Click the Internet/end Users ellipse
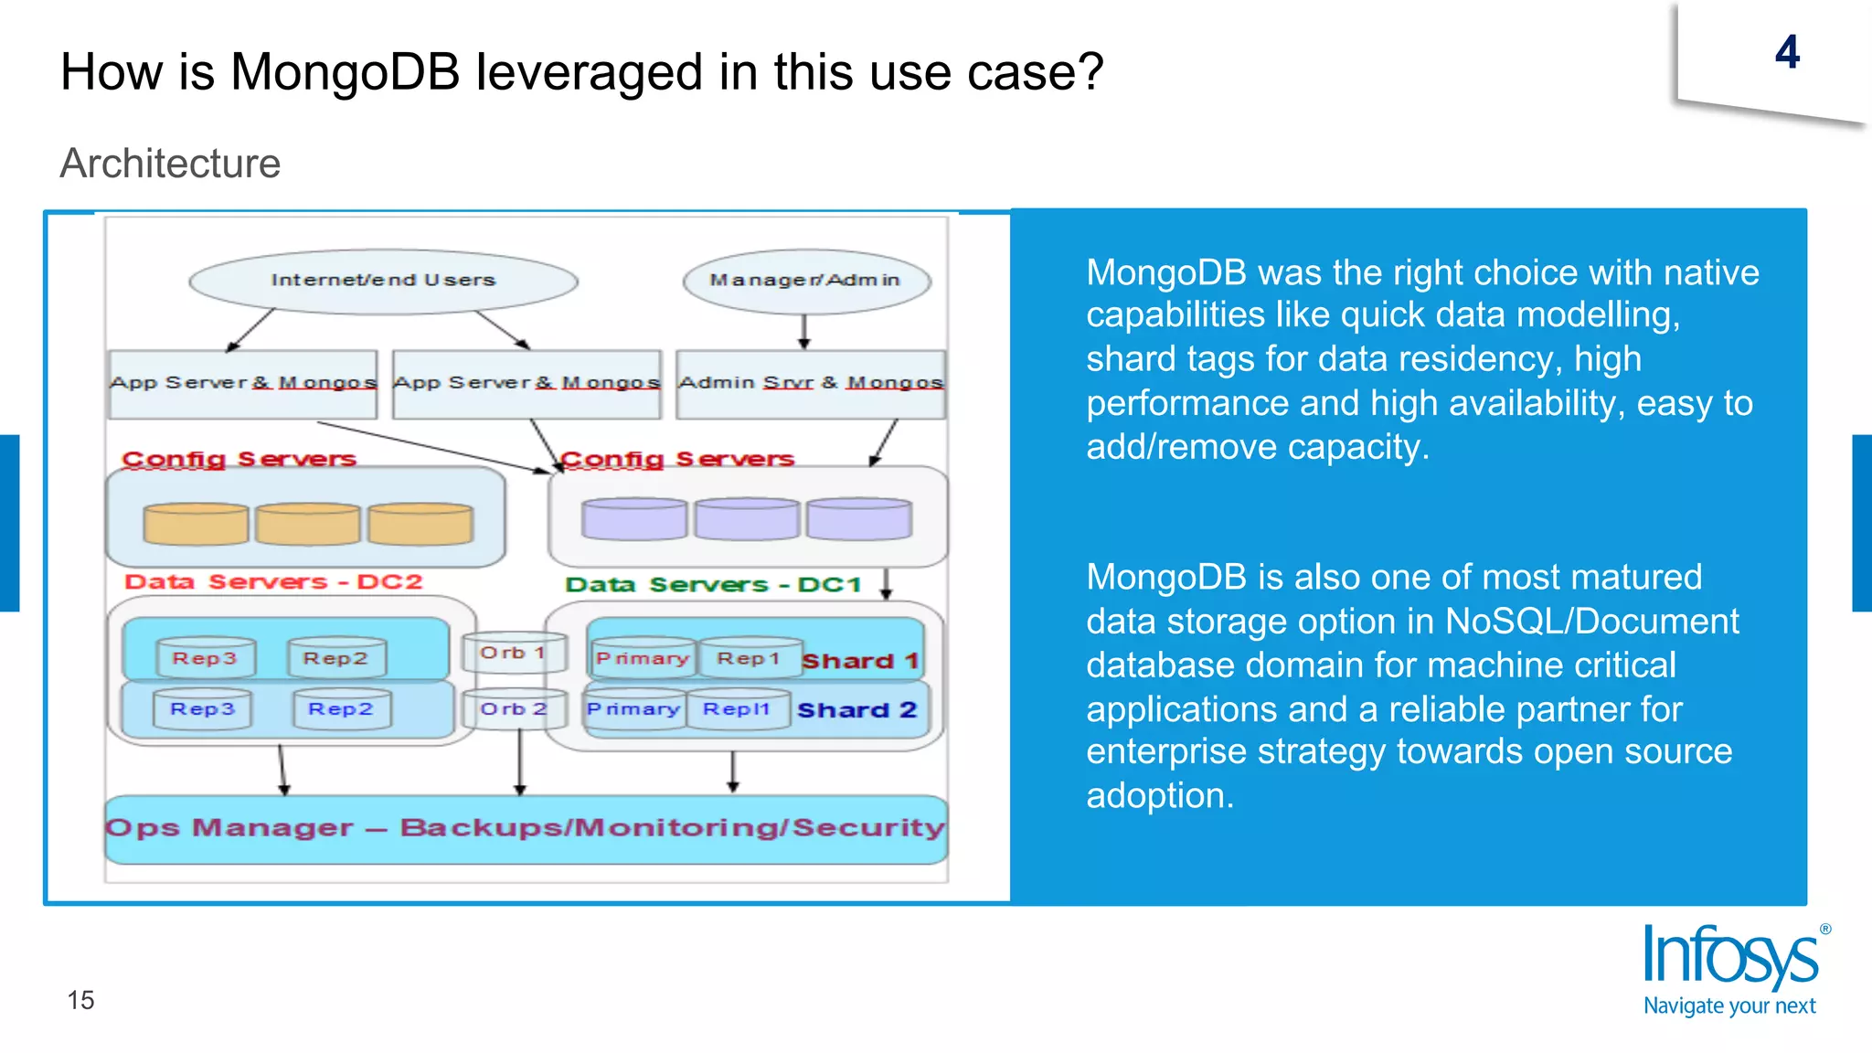click(383, 281)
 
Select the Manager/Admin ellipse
click(805, 281)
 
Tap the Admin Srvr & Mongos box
click(810, 384)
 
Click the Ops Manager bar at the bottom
click(526, 828)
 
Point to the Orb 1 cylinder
click(513, 654)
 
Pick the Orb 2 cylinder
click(513, 709)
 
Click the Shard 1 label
click(859, 661)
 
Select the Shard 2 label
click(856, 710)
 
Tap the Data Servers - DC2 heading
click(273, 582)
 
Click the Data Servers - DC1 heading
click(713, 585)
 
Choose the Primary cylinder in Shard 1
click(642, 658)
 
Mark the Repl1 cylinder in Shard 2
click(737, 710)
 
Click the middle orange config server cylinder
click(307, 524)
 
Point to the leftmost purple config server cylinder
click(633, 518)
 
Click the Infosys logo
click(1733, 970)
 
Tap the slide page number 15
click(80, 1000)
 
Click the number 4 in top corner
click(1787, 53)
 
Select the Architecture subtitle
click(170, 164)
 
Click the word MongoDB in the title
click(345, 72)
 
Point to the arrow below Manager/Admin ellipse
click(803, 331)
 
